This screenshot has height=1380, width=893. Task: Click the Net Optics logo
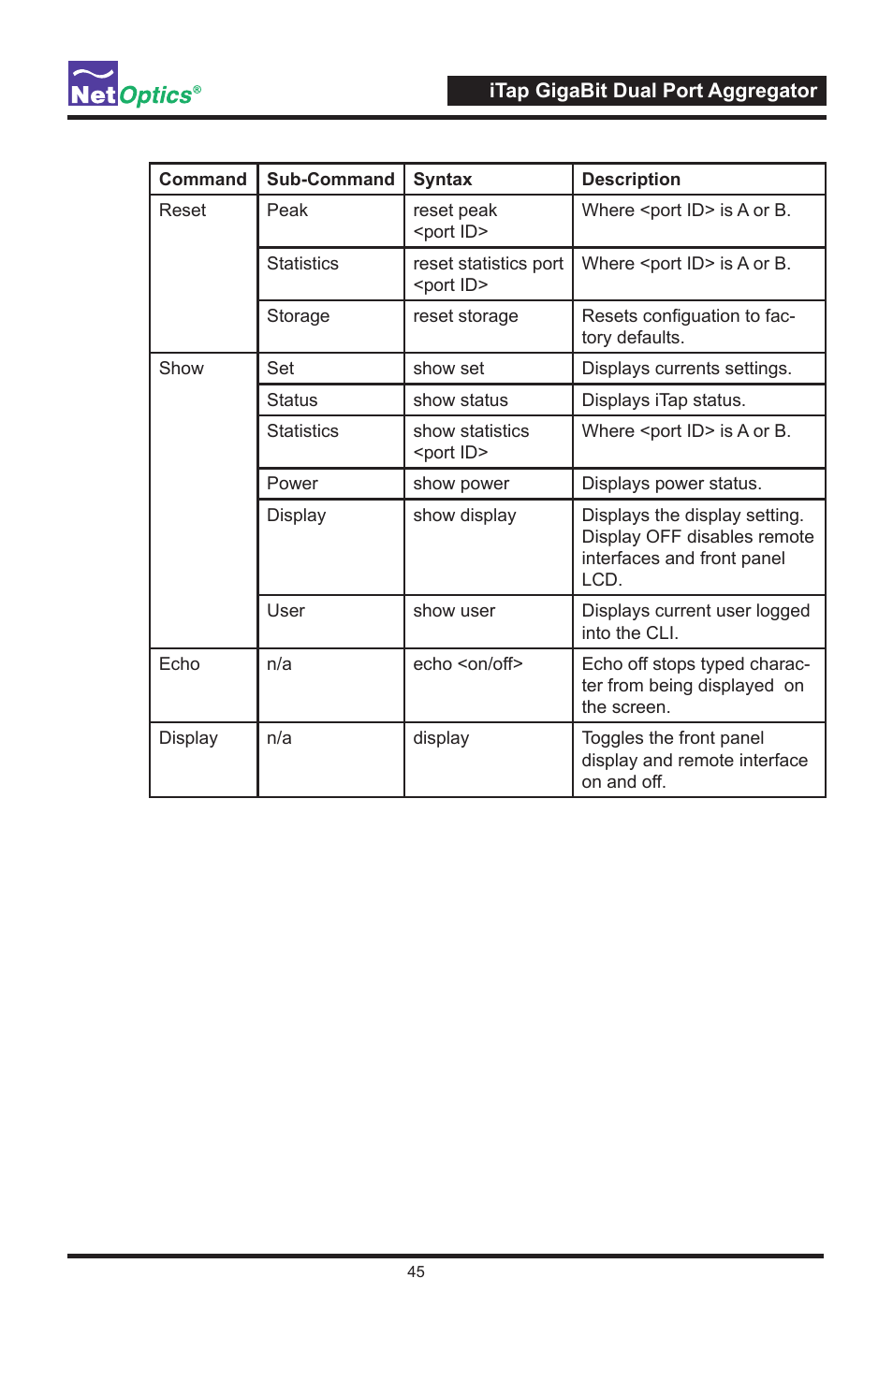(x=133, y=85)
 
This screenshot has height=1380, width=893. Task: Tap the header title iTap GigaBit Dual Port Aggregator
(x=652, y=91)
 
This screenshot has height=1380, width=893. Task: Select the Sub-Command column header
(x=330, y=180)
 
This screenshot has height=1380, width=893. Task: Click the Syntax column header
(x=443, y=180)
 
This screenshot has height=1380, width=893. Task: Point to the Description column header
(x=631, y=180)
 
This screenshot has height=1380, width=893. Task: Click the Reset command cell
(x=183, y=211)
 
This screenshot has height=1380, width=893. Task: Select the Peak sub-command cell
(x=287, y=211)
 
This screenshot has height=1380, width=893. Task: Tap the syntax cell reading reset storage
(x=465, y=316)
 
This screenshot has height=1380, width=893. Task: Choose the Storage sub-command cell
(x=298, y=316)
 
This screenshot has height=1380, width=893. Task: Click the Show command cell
(x=182, y=369)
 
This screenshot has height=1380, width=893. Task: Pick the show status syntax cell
(x=461, y=400)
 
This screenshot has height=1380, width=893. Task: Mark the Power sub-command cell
(x=292, y=484)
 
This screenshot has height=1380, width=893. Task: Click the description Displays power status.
(x=671, y=484)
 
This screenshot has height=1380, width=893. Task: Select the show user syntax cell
(x=454, y=611)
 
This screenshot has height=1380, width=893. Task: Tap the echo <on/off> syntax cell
(x=468, y=664)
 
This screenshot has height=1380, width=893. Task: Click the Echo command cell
(x=180, y=664)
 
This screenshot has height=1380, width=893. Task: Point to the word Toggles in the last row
(x=612, y=738)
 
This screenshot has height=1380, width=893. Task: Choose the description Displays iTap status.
(x=664, y=400)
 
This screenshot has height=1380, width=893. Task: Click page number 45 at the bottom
(x=416, y=1271)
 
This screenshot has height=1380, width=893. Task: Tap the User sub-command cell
(x=285, y=611)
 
